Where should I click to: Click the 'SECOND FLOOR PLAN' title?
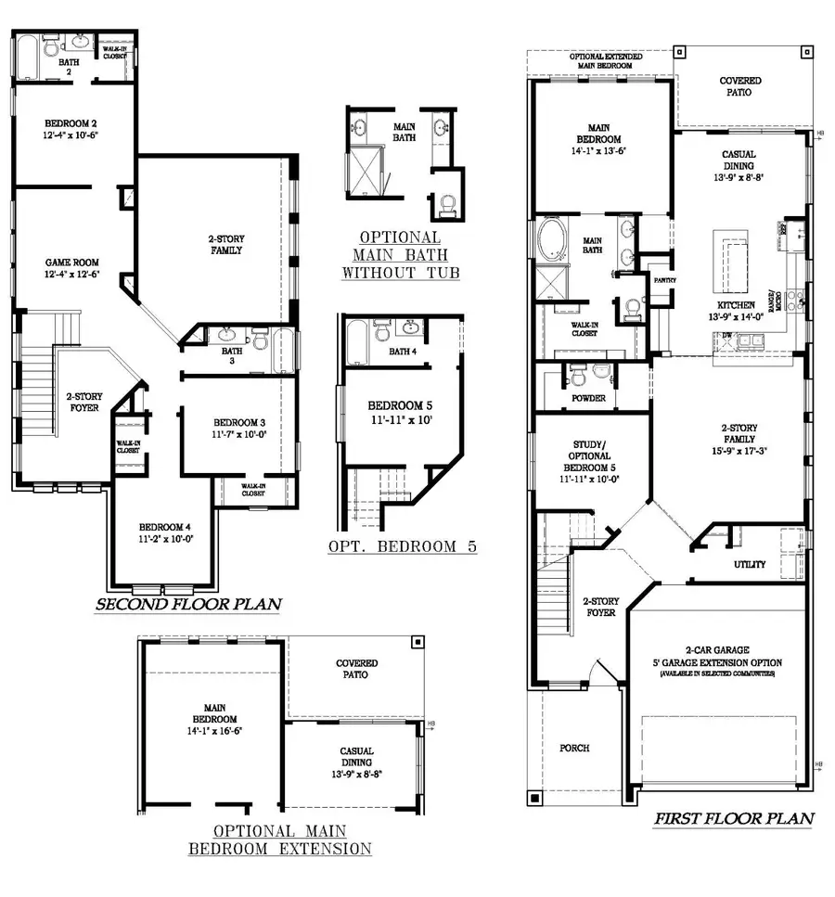[x=188, y=605]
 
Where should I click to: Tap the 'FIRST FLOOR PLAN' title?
[x=734, y=818]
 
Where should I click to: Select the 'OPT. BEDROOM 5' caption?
[x=402, y=546]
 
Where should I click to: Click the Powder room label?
[x=589, y=398]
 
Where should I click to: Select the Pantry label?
[x=664, y=279]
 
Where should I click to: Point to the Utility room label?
[x=750, y=563]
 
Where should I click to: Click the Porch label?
[x=575, y=748]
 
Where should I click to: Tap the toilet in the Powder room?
[x=576, y=375]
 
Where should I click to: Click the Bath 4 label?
[x=403, y=352]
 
